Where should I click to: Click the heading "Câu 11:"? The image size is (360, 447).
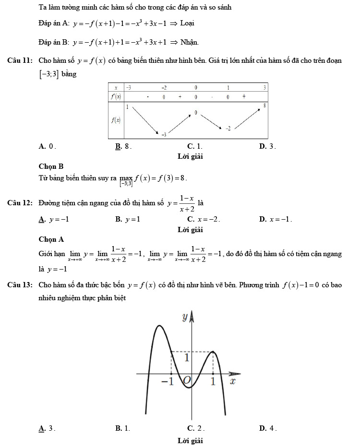[x=20, y=61]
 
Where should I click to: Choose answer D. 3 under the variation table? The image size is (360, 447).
[x=267, y=146]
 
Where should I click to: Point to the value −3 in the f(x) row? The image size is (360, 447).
[x=163, y=135]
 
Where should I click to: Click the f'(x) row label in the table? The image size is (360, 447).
[x=116, y=96]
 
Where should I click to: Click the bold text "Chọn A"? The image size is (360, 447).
[x=51, y=239]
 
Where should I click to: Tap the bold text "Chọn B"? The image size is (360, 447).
[x=51, y=166]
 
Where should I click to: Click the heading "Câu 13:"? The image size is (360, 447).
[x=20, y=285]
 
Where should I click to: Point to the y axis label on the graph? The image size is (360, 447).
[x=185, y=317]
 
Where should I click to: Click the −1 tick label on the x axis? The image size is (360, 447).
[x=167, y=381]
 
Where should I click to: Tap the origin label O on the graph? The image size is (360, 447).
[x=186, y=380]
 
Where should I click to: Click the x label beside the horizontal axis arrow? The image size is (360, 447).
[x=233, y=381]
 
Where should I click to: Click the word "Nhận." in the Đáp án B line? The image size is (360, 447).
[x=190, y=43]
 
